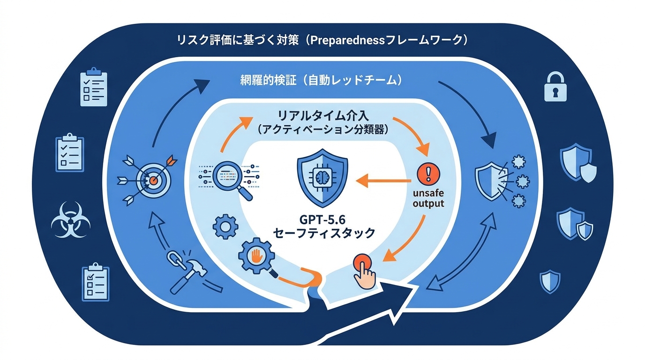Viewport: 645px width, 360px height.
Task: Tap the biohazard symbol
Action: [x=70, y=219]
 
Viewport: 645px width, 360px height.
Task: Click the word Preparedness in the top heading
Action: [x=347, y=40]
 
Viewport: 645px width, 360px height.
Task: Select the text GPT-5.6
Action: [x=322, y=220]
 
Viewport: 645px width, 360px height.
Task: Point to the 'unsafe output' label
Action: [x=428, y=198]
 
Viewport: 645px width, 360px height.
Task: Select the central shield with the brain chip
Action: [x=322, y=178]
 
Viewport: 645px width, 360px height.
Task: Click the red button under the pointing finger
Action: [x=362, y=263]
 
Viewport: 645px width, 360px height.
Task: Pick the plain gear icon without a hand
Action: [x=225, y=226]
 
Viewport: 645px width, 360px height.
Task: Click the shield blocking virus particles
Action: [x=502, y=181]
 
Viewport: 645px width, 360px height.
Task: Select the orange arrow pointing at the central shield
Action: [x=383, y=181]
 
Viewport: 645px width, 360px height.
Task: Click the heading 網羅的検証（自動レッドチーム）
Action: [x=321, y=80]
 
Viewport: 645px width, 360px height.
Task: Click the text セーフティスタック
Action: [x=324, y=233]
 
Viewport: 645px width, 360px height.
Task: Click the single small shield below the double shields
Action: [x=550, y=281]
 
